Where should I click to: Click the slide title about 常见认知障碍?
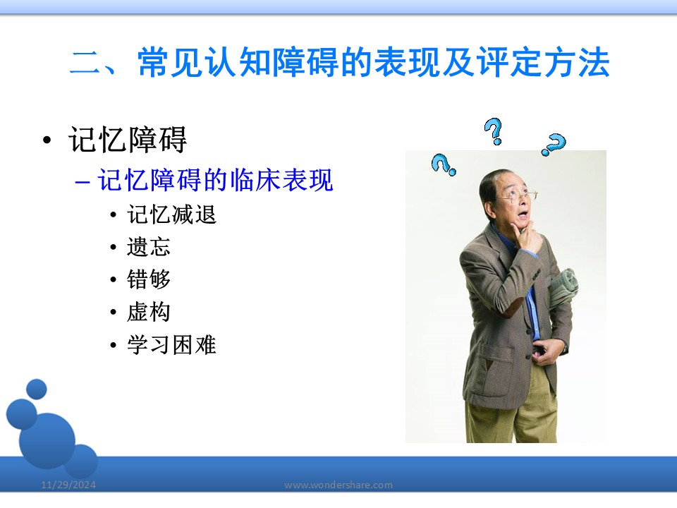(x=339, y=63)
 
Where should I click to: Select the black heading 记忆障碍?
(x=128, y=140)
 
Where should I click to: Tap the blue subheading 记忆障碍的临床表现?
(x=216, y=180)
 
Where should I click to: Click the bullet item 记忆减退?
(x=171, y=214)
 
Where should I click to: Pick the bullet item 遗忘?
(x=149, y=247)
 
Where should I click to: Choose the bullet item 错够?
(x=149, y=279)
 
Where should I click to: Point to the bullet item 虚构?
(x=149, y=312)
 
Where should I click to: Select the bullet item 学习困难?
(x=171, y=345)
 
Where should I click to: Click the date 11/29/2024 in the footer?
(x=68, y=485)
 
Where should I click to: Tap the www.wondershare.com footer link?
(x=338, y=485)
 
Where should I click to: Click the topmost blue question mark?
(x=494, y=131)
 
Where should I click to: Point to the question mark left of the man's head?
(x=443, y=164)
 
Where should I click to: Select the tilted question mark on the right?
(x=554, y=144)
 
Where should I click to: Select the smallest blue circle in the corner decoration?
(x=36, y=389)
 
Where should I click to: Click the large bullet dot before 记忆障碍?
(x=47, y=140)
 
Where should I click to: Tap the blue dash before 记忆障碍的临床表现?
(x=82, y=182)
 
